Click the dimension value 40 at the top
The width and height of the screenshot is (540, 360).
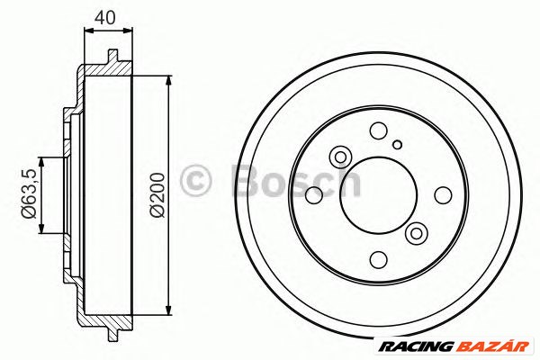pyautogui.click(x=106, y=15)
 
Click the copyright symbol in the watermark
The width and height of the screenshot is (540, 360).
pyautogui.click(x=195, y=181)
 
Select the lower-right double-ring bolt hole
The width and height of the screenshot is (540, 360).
pyautogui.click(x=416, y=234)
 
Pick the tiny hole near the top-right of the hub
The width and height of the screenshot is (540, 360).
pyautogui.click(x=396, y=143)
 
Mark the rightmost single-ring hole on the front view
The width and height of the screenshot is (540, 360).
pyautogui.click(x=442, y=194)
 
